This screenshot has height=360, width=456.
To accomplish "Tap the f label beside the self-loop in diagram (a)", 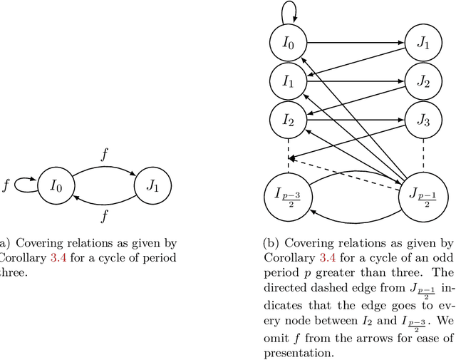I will point(6,185).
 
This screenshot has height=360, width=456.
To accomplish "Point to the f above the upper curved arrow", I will point(105,153).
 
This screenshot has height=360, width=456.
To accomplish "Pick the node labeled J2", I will point(423,82).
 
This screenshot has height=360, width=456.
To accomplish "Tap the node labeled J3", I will point(423,120).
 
